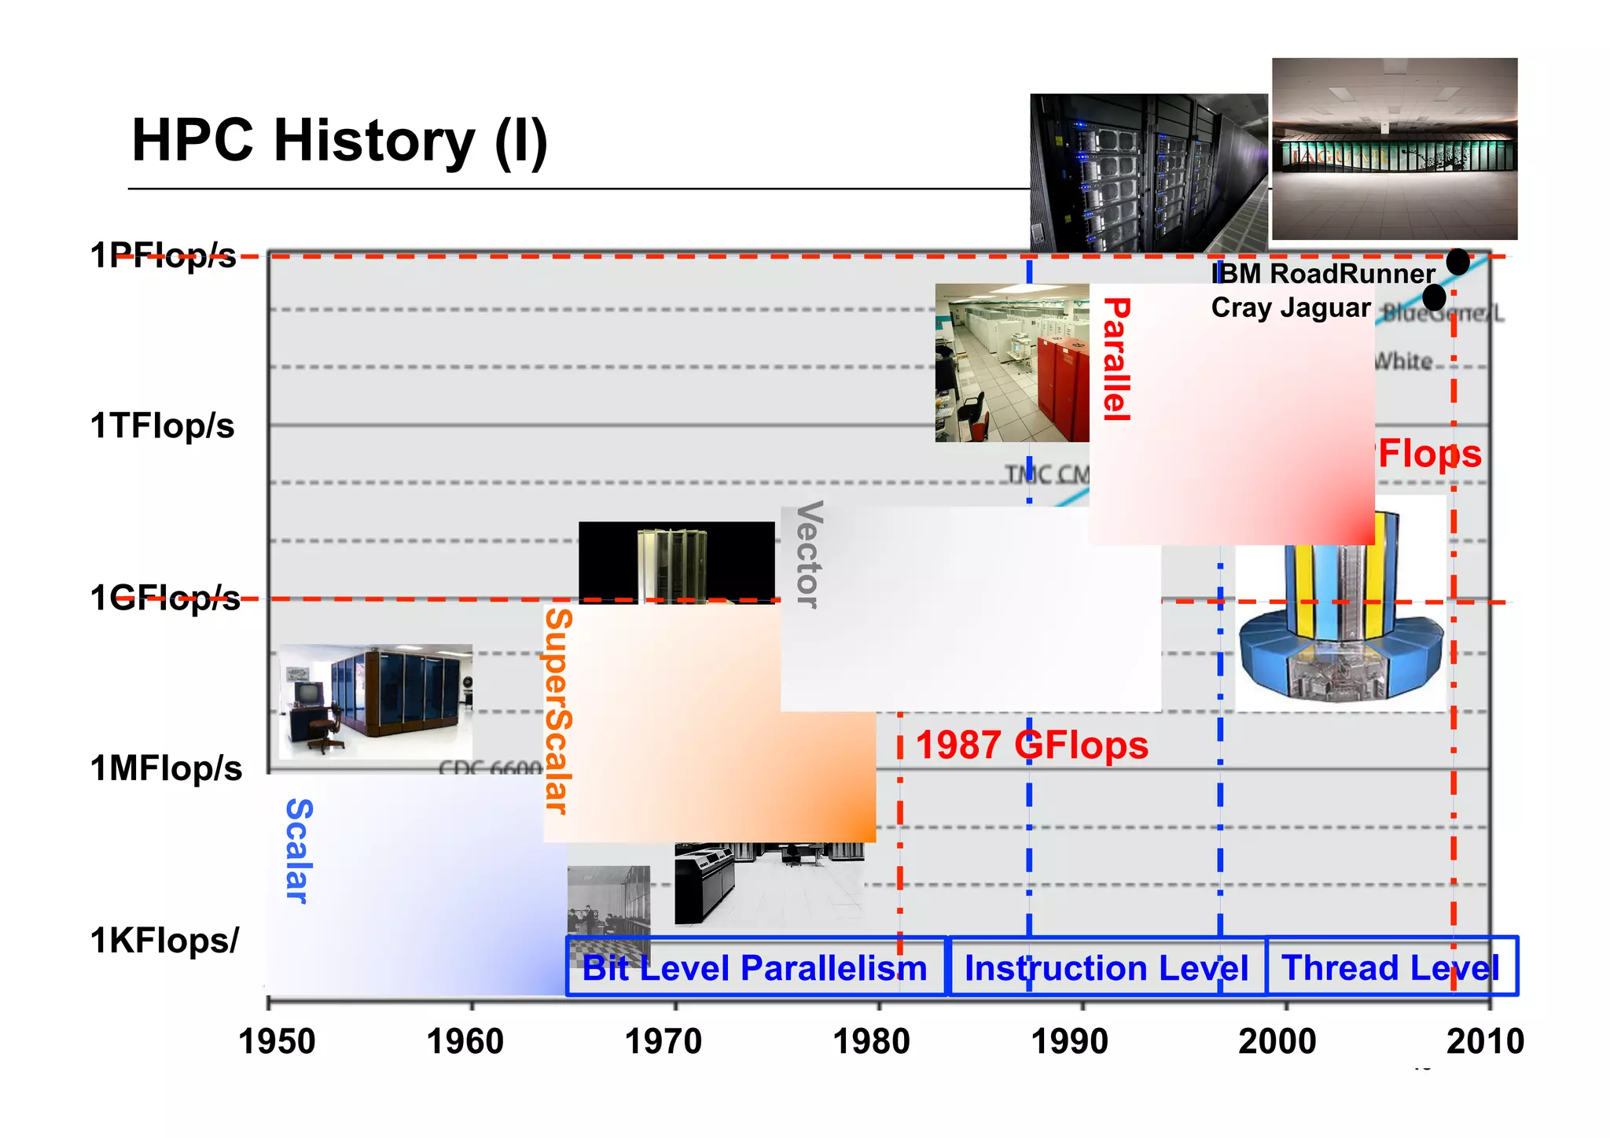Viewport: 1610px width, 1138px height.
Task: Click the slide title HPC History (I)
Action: pyautogui.click(x=339, y=142)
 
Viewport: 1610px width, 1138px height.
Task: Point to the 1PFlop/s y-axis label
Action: pyautogui.click(x=163, y=256)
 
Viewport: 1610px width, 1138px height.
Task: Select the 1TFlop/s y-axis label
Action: pyautogui.click(x=162, y=426)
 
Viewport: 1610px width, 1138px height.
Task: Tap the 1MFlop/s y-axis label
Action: pyautogui.click(x=166, y=768)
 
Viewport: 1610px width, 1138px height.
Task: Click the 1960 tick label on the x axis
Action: pyautogui.click(x=465, y=1042)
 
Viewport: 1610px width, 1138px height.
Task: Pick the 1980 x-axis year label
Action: pyautogui.click(x=871, y=1042)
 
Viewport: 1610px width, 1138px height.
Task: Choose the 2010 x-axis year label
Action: pyautogui.click(x=1485, y=1042)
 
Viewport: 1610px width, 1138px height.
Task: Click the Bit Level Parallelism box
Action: pyautogui.click(x=755, y=967)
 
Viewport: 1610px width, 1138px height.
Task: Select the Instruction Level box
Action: pyautogui.click(x=1106, y=967)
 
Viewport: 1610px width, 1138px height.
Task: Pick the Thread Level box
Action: pyautogui.click(x=1391, y=967)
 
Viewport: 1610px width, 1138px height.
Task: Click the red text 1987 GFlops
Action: pyautogui.click(x=1031, y=745)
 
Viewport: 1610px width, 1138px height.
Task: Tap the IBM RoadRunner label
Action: pyautogui.click(x=1324, y=274)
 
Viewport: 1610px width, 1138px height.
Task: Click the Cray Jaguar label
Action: pyautogui.click(x=1291, y=308)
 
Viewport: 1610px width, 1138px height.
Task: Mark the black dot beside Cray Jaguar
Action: pyautogui.click(x=1434, y=297)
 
